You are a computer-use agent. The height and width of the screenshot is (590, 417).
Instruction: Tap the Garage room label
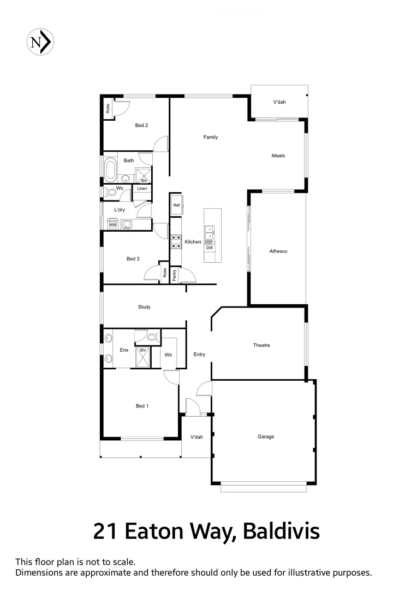[266, 436]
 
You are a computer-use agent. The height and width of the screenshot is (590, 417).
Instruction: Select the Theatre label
[261, 345]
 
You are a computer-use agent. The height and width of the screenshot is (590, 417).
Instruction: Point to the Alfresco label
[278, 251]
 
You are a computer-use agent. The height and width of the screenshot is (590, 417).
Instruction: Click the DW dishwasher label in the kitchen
[210, 248]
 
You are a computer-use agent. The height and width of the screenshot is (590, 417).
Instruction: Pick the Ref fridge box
[176, 205]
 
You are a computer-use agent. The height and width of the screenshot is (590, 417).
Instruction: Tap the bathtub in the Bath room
[110, 170]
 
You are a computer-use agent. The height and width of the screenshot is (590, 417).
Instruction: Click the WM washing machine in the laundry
[113, 225]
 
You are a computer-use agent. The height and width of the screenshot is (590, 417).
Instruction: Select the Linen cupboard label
[142, 188]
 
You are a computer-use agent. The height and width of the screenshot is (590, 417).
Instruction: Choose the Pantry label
[174, 275]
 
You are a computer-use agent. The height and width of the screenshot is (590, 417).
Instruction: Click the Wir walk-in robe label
[169, 355]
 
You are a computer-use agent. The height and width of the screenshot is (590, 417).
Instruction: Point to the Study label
[144, 307]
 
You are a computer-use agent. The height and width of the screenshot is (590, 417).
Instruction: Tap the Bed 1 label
[142, 406]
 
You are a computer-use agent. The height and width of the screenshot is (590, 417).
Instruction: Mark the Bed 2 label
[142, 125]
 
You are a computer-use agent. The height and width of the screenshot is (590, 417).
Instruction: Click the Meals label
[278, 156]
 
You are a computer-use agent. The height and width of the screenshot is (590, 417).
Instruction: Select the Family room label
[211, 137]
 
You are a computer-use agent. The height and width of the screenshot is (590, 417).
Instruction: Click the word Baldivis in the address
[281, 531]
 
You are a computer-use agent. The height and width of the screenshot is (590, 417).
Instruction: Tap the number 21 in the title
[107, 531]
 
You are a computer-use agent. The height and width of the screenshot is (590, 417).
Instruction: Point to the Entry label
[199, 355]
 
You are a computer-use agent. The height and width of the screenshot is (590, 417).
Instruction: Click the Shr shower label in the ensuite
[143, 350]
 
